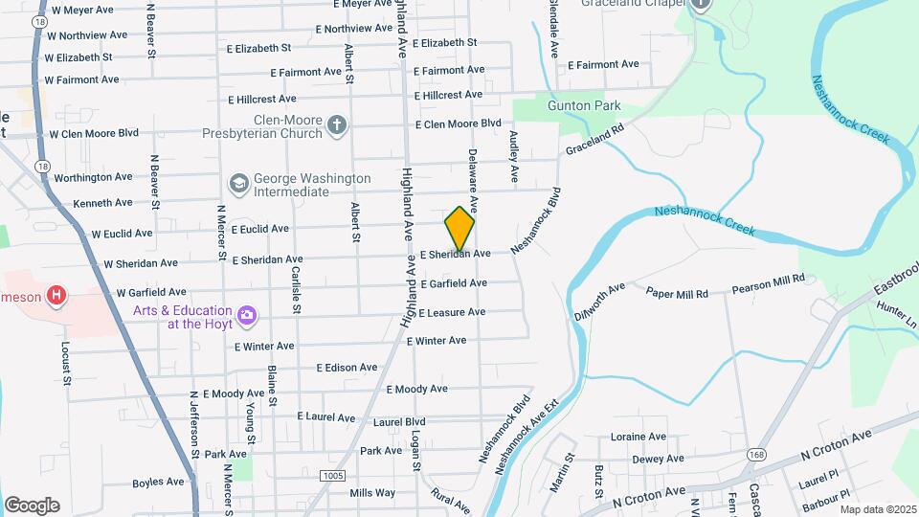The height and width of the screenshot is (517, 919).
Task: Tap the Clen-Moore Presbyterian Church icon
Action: [336, 124]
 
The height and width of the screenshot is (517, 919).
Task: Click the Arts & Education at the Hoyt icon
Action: [247, 315]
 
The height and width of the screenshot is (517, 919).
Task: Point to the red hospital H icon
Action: [57, 296]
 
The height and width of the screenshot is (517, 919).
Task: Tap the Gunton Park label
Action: [584, 106]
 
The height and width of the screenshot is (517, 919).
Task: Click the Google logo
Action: [32, 506]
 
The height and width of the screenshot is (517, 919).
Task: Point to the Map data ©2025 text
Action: [878, 509]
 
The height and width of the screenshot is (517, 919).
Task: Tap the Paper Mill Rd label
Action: [677, 294]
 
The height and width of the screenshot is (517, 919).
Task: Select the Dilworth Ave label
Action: [599, 300]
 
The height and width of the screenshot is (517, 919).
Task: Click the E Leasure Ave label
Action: [452, 312]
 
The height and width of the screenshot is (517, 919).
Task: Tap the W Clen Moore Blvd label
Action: [94, 134]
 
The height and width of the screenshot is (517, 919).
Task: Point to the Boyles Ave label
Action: [158, 483]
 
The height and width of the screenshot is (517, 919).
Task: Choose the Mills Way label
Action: [372, 493]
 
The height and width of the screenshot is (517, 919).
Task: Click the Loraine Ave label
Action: [639, 437]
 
